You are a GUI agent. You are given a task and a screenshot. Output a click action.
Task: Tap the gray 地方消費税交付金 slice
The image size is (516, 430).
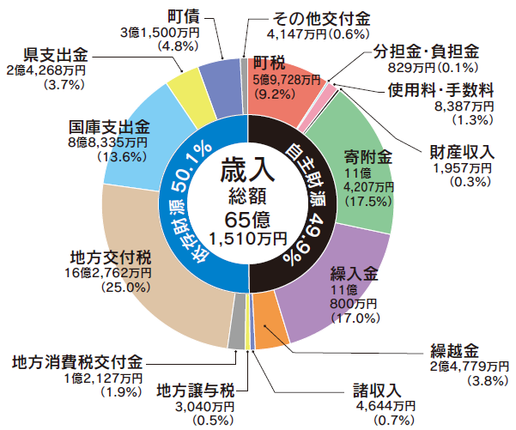pyautogui.click(x=237, y=338)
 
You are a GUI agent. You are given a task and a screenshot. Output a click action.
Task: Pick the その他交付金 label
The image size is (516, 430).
pyautogui.click(x=319, y=19)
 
